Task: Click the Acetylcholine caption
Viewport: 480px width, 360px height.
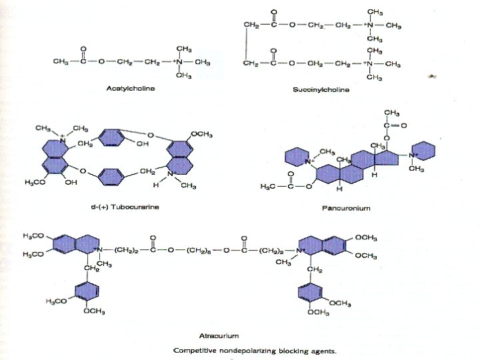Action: [x=131, y=88]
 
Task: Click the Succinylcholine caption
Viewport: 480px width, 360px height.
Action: [x=321, y=89]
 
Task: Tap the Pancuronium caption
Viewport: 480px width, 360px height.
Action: [x=346, y=208]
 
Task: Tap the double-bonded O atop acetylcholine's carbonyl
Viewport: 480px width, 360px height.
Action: [x=83, y=49]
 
